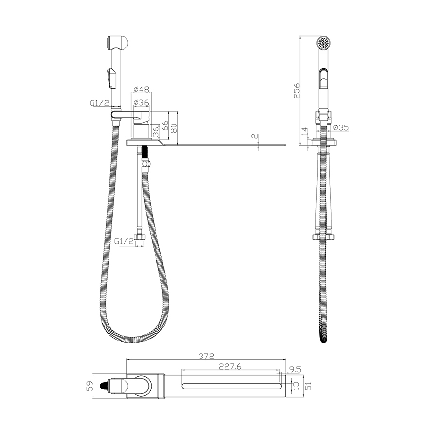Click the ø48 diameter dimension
[x=141, y=90]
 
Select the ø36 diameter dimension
[x=141, y=103]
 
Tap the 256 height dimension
[x=297, y=90]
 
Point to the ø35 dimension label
[x=341, y=127]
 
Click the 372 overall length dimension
[x=206, y=356]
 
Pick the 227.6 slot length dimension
[x=230, y=367]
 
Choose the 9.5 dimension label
[x=295, y=370]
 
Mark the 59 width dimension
[x=90, y=386]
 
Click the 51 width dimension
[x=308, y=386]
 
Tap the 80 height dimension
[x=174, y=128]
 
